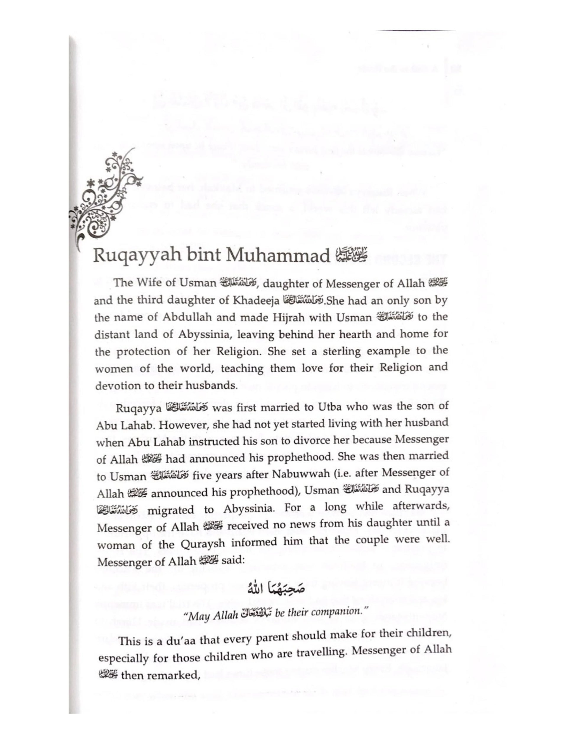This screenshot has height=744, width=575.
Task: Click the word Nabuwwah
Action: (x=284, y=475)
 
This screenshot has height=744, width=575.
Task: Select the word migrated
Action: (x=171, y=510)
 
